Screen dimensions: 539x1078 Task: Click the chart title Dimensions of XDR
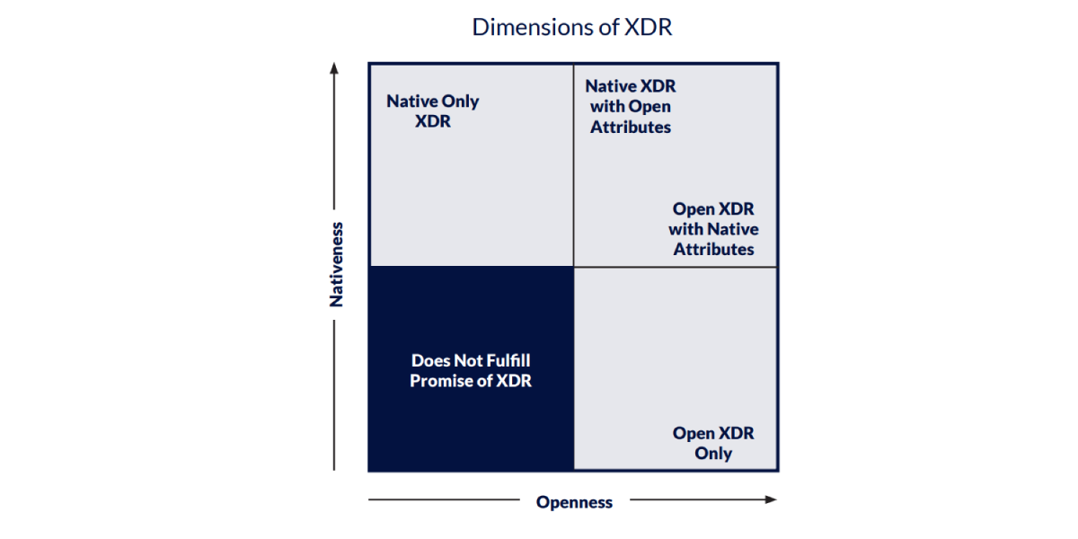(x=572, y=27)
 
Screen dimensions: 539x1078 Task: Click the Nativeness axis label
(x=337, y=265)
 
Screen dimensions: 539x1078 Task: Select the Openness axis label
(x=574, y=502)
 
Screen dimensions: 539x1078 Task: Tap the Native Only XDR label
(x=432, y=110)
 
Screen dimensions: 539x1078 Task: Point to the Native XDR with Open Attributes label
(x=630, y=107)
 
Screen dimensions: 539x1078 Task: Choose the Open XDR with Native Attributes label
(x=712, y=229)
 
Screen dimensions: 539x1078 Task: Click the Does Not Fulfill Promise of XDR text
(x=471, y=370)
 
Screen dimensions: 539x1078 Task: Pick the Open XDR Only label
(x=713, y=443)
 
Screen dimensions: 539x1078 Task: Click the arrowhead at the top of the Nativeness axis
(x=334, y=68)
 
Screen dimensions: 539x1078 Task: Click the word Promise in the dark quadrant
(x=442, y=381)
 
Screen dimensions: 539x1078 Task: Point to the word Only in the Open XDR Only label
(x=713, y=454)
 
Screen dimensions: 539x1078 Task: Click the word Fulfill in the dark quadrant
(x=508, y=360)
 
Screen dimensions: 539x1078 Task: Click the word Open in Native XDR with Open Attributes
(x=650, y=107)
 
